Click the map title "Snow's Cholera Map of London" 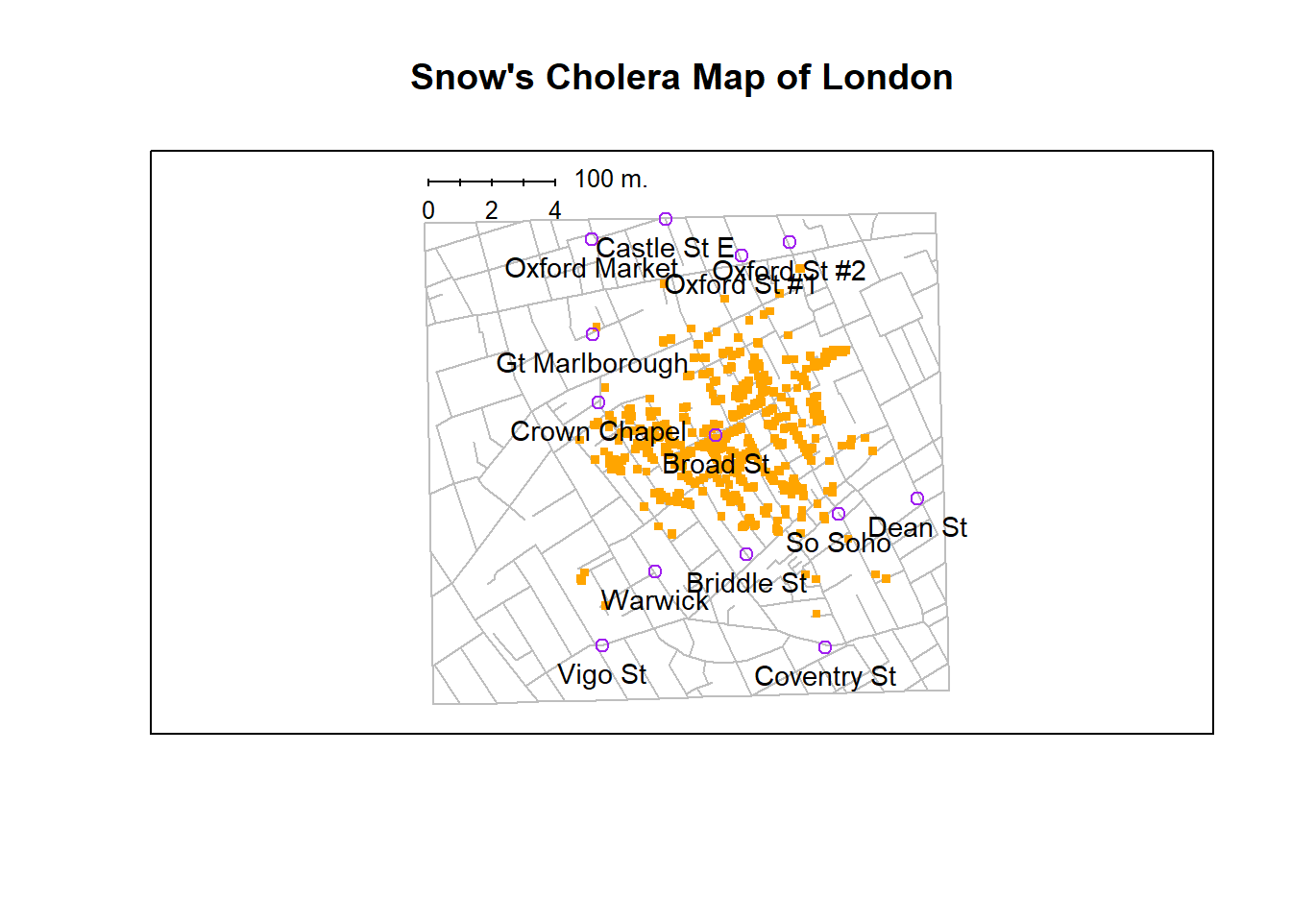681,77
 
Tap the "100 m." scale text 611,179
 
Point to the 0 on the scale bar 428,210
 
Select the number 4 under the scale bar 554,210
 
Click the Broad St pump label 716,464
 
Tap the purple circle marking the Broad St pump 716,435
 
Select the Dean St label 917,527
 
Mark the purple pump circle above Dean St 917,498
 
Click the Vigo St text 602,674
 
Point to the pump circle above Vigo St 602,645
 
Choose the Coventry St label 825,676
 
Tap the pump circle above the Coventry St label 825,647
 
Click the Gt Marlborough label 592,363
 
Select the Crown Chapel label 597,431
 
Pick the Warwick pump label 654,600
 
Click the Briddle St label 746,583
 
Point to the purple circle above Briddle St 746,554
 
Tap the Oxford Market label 592,268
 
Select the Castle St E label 665,248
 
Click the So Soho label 839,543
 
